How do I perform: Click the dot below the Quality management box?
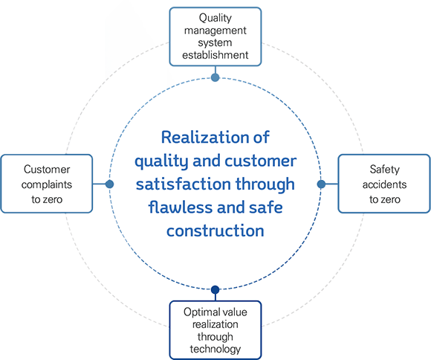click(x=215, y=77)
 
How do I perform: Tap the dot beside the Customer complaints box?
click(x=109, y=184)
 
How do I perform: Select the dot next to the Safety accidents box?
click(x=321, y=184)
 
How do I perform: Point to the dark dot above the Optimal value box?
click(x=215, y=289)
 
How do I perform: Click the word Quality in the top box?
click(x=215, y=19)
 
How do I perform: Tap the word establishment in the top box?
click(x=215, y=55)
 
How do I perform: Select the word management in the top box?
click(x=215, y=30)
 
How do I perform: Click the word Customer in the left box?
click(x=47, y=170)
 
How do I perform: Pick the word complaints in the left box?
click(x=47, y=184)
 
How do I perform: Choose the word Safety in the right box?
click(x=384, y=170)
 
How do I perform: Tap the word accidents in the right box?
click(x=384, y=184)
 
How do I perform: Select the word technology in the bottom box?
click(x=215, y=350)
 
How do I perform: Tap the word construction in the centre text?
click(x=215, y=231)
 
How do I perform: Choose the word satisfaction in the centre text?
click(x=184, y=184)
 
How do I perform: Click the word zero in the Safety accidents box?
click(x=391, y=199)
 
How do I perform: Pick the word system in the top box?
click(x=215, y=43)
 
